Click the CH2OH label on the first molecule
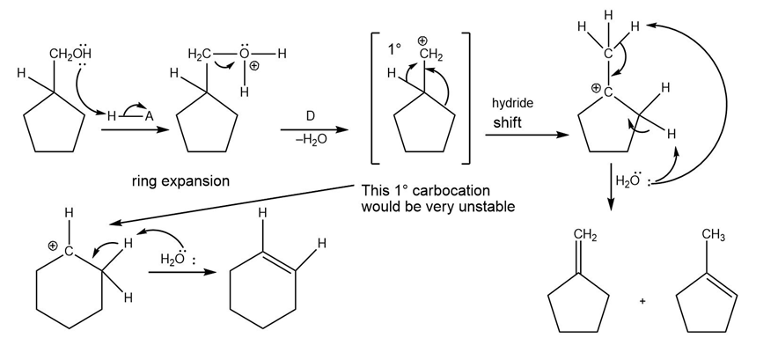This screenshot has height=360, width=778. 70,53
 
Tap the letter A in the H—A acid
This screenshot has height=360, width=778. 149,117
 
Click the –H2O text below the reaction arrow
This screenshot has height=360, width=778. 311,140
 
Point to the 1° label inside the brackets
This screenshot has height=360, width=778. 395,50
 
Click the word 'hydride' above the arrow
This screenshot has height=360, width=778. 512,103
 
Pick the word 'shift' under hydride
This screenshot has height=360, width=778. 507,122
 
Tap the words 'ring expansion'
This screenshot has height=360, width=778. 180,181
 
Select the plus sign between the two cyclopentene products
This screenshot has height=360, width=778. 642,301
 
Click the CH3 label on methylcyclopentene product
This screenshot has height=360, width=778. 714,235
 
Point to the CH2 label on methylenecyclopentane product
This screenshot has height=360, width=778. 585,234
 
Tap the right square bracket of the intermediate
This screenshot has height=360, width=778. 466,98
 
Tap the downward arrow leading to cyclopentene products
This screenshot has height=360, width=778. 611,187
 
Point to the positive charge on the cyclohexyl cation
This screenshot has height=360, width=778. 53,246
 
